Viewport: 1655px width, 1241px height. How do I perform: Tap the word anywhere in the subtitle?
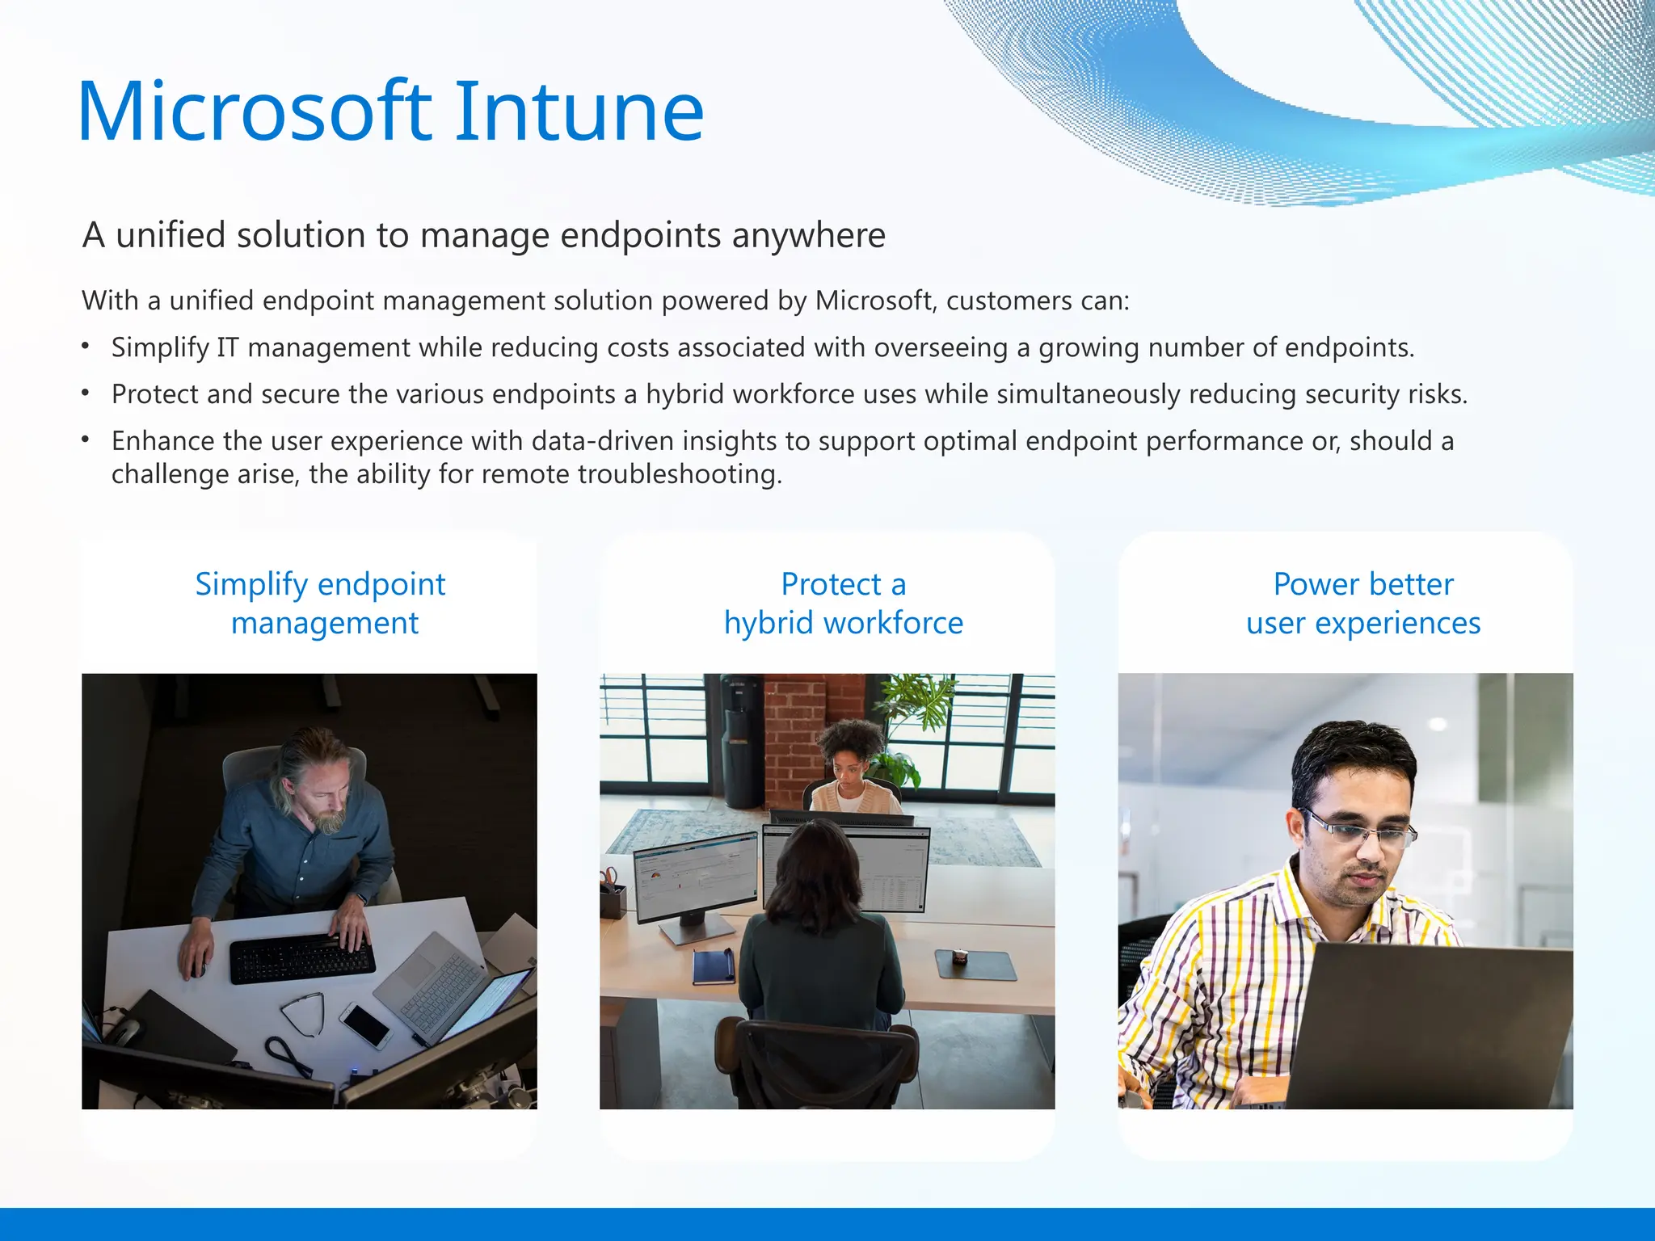809,236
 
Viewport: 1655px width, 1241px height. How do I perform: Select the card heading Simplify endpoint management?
321,604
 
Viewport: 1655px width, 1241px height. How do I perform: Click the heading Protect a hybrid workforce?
843,604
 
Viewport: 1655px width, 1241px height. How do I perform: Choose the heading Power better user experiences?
1363,604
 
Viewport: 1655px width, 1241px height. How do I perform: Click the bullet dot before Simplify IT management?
86,347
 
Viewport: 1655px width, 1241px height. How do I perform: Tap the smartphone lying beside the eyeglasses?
365,1025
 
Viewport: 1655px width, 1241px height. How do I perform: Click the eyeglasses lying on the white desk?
305,1011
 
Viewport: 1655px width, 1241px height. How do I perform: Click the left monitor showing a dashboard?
697,877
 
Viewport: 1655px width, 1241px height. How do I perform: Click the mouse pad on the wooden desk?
976,964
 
